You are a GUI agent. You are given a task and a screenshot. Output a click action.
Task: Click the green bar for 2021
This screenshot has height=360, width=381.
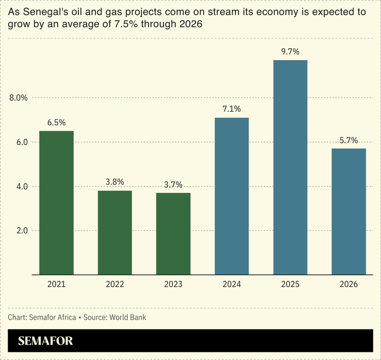coord(56,202)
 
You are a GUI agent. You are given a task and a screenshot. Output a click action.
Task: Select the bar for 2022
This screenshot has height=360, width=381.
coord(115,233)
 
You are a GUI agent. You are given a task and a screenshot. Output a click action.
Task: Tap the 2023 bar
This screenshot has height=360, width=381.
coord(173,233)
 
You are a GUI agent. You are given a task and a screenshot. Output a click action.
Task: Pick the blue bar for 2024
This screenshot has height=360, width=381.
coord(232,196)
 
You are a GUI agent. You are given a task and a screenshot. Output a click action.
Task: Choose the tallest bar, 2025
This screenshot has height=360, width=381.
coord(290,167)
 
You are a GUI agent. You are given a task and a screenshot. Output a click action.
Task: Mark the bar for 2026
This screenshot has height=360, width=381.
coord(349,212)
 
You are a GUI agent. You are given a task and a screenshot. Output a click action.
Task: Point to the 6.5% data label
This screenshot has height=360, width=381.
coord(56,123)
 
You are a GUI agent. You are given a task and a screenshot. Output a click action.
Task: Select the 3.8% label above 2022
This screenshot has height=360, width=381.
coord(115,182)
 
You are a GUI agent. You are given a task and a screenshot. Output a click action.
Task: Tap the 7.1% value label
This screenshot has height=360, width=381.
coord(232,109)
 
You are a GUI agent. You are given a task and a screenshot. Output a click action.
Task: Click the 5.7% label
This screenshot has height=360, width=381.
coord(349,140)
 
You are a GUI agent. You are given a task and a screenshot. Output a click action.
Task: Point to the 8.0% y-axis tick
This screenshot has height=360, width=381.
coord(19,98)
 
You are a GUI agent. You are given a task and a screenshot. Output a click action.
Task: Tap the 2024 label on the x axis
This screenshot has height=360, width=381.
coord(232,284)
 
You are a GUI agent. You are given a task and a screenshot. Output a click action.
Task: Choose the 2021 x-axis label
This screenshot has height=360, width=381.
coord(56,284)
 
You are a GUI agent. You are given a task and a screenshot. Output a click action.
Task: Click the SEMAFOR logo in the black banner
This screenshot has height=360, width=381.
coord(45,341)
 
